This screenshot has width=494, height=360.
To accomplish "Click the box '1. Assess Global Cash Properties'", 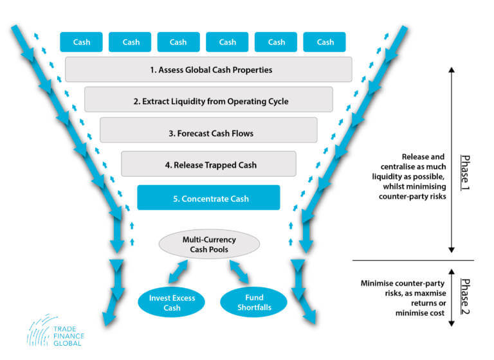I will click(x=208, y=69).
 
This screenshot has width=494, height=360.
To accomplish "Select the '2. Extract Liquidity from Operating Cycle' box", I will click(x=208, y=101).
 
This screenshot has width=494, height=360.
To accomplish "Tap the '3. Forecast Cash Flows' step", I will click(x=208, y=134).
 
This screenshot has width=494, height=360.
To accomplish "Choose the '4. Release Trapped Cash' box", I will click(x=208, y=165).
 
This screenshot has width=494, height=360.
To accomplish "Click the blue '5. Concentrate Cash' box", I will click(x=208, y=197).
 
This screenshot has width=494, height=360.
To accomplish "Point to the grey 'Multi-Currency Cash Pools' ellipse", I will click(x=209, y=245).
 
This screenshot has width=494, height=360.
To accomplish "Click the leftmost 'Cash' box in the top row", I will click(x=82, y=42).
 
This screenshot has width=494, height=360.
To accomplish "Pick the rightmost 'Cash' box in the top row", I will click(x=325, y=42).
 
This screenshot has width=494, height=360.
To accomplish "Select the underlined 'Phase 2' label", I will click(x=465, y=296).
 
